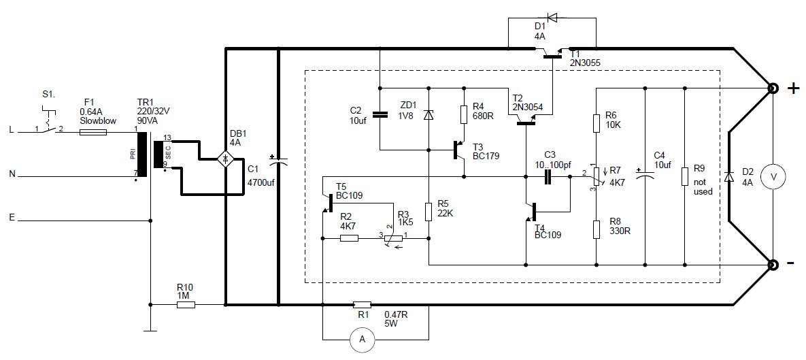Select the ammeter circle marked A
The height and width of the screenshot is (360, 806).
point(363,339)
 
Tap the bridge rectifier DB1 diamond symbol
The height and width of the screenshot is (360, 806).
point(225,159)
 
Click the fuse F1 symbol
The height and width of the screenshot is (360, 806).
point(93,133)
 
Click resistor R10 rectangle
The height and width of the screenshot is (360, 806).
point(186,305)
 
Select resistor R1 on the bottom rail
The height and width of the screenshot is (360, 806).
point(363,305)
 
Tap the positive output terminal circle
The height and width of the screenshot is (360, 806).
point(773,88)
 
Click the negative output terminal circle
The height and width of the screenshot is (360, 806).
point(773,265)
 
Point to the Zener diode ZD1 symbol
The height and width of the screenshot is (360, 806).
point(429,116)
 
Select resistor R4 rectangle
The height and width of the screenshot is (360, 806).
point(464,114)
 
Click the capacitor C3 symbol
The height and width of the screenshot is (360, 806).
point(548,177)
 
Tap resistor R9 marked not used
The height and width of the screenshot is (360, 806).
point(684,176)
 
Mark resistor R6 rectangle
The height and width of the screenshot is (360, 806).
point(596,122)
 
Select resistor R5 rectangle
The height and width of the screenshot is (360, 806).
point(429,211)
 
